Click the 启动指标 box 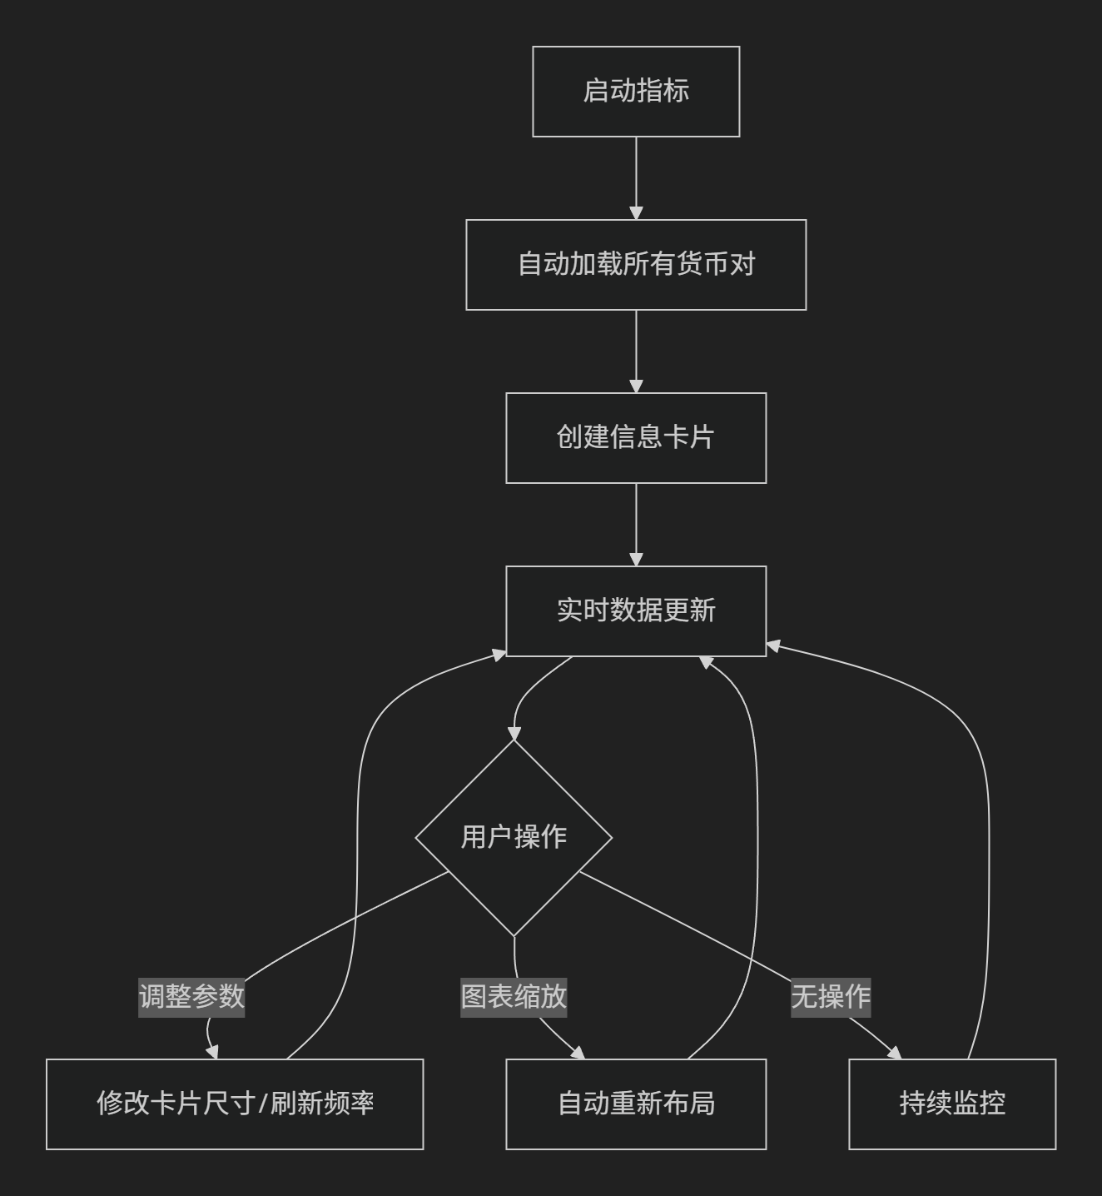point(636,92)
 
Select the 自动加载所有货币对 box point(636,265)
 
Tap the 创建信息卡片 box point(636,438)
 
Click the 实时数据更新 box point(636,611)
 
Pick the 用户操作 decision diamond point(514,838)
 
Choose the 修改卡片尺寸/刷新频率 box point(235,1104)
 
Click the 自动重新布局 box point(636,1104)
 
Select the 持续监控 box point(952,1104)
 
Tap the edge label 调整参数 point(191,996)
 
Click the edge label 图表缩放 point(514,996)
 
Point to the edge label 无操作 point(831,996)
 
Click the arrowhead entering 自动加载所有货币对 point(636,213)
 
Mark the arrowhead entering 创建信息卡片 point(636,386)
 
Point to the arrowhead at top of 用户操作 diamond point(514,734)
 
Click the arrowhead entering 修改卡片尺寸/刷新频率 point(212,1051)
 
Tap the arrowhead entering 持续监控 point(895,1053)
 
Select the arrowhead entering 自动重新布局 point(578,1053)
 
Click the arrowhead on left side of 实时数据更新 point(499,655)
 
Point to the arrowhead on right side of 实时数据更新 point(773,646)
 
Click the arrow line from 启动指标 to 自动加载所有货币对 point(636,178)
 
